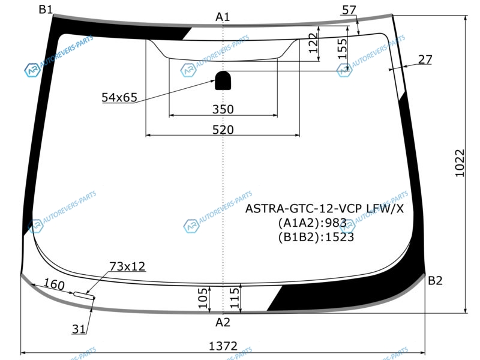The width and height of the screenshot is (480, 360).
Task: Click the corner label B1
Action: tap(46, 10)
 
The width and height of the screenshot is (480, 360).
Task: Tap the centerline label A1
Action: tap(223, 17)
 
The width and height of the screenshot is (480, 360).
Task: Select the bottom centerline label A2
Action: tap(223, 322)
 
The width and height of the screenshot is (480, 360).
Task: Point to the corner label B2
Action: tap(435, 280)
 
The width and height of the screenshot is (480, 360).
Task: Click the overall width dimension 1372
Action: tap(223, 346)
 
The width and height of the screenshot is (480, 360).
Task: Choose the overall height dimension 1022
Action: tap(460, 163)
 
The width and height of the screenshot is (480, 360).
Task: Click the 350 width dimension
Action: tap(223, 109)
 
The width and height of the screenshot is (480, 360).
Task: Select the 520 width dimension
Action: tap(223, 130)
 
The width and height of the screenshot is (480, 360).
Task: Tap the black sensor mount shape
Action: tap(223, 80)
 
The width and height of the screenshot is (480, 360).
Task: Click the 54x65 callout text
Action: tap(119, 97)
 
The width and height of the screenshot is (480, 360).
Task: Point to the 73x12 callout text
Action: tap(127, 266)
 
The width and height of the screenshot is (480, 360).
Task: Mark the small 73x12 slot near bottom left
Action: tap(84, 295)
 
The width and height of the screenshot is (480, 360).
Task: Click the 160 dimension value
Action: tap(54, 284)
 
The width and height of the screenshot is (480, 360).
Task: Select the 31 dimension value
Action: tap(79, 329)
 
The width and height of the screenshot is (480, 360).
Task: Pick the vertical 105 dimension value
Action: tap(203, 298)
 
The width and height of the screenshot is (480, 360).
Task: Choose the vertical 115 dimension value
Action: tap(234, 298)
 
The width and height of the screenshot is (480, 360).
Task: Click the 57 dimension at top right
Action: tap(349, 10)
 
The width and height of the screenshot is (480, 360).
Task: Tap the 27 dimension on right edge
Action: tap(425, 59)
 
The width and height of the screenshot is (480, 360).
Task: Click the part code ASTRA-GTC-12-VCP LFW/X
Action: tap(325, 209)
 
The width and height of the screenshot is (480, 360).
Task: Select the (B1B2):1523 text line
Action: tap(316, 237)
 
